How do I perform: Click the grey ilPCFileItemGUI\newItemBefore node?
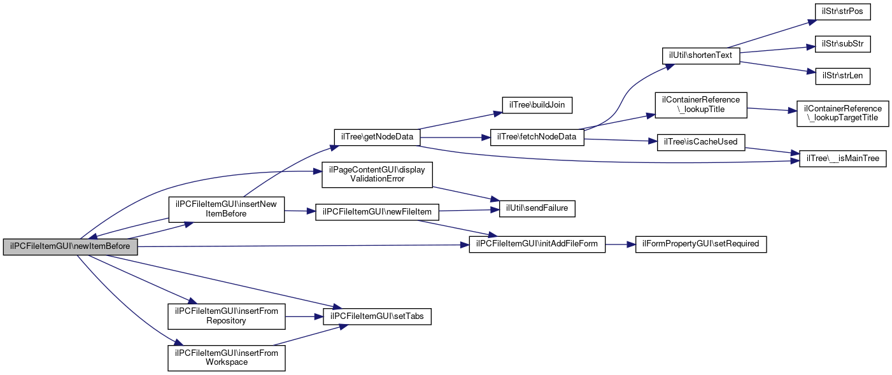pyautogui.click(x=70, y=247)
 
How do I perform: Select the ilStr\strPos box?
pyautogui.click(x=842, y=11)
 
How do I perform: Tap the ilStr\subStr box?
pyautogui.click(x=842, y=44)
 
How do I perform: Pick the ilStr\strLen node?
pyautogui.click(x=842, y=76)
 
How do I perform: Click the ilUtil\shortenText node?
pyautogui.click(x=701, y=56)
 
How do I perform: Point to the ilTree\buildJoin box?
pyautogui.click(x=537, y=105)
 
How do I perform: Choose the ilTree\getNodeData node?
pyautogui.click(x=377, y=138)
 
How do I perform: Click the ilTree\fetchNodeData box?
pyautogui.click(x=537, y=138)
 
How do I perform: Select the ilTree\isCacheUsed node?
pyautogui.click(x=701, y=143)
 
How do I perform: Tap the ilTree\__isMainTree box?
pyautogui.click(x=842, y=159)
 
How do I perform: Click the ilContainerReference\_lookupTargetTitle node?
pyautogui.click(x=842, y=113)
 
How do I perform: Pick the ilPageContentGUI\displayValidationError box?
pyautogui.click(x=377, y=174)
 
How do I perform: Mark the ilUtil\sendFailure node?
pyautogui.click(x=537, y=209)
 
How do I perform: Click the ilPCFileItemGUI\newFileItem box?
pyautogui.click(x=377, y=212)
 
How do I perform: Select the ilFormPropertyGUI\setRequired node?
pyautogui.click(x=701, y=244)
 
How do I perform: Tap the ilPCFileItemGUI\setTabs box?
pyautogui.click(x=377, y=316)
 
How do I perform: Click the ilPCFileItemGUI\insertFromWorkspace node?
pyautogui.click(x=227, y=358)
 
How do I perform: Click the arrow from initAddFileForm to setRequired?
pyautogui.click(x=620, y=244)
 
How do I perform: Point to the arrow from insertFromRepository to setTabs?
pyautogui.click(x=304, y=317)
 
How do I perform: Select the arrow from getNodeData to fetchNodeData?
pyautogui.click(x=455, y=138)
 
